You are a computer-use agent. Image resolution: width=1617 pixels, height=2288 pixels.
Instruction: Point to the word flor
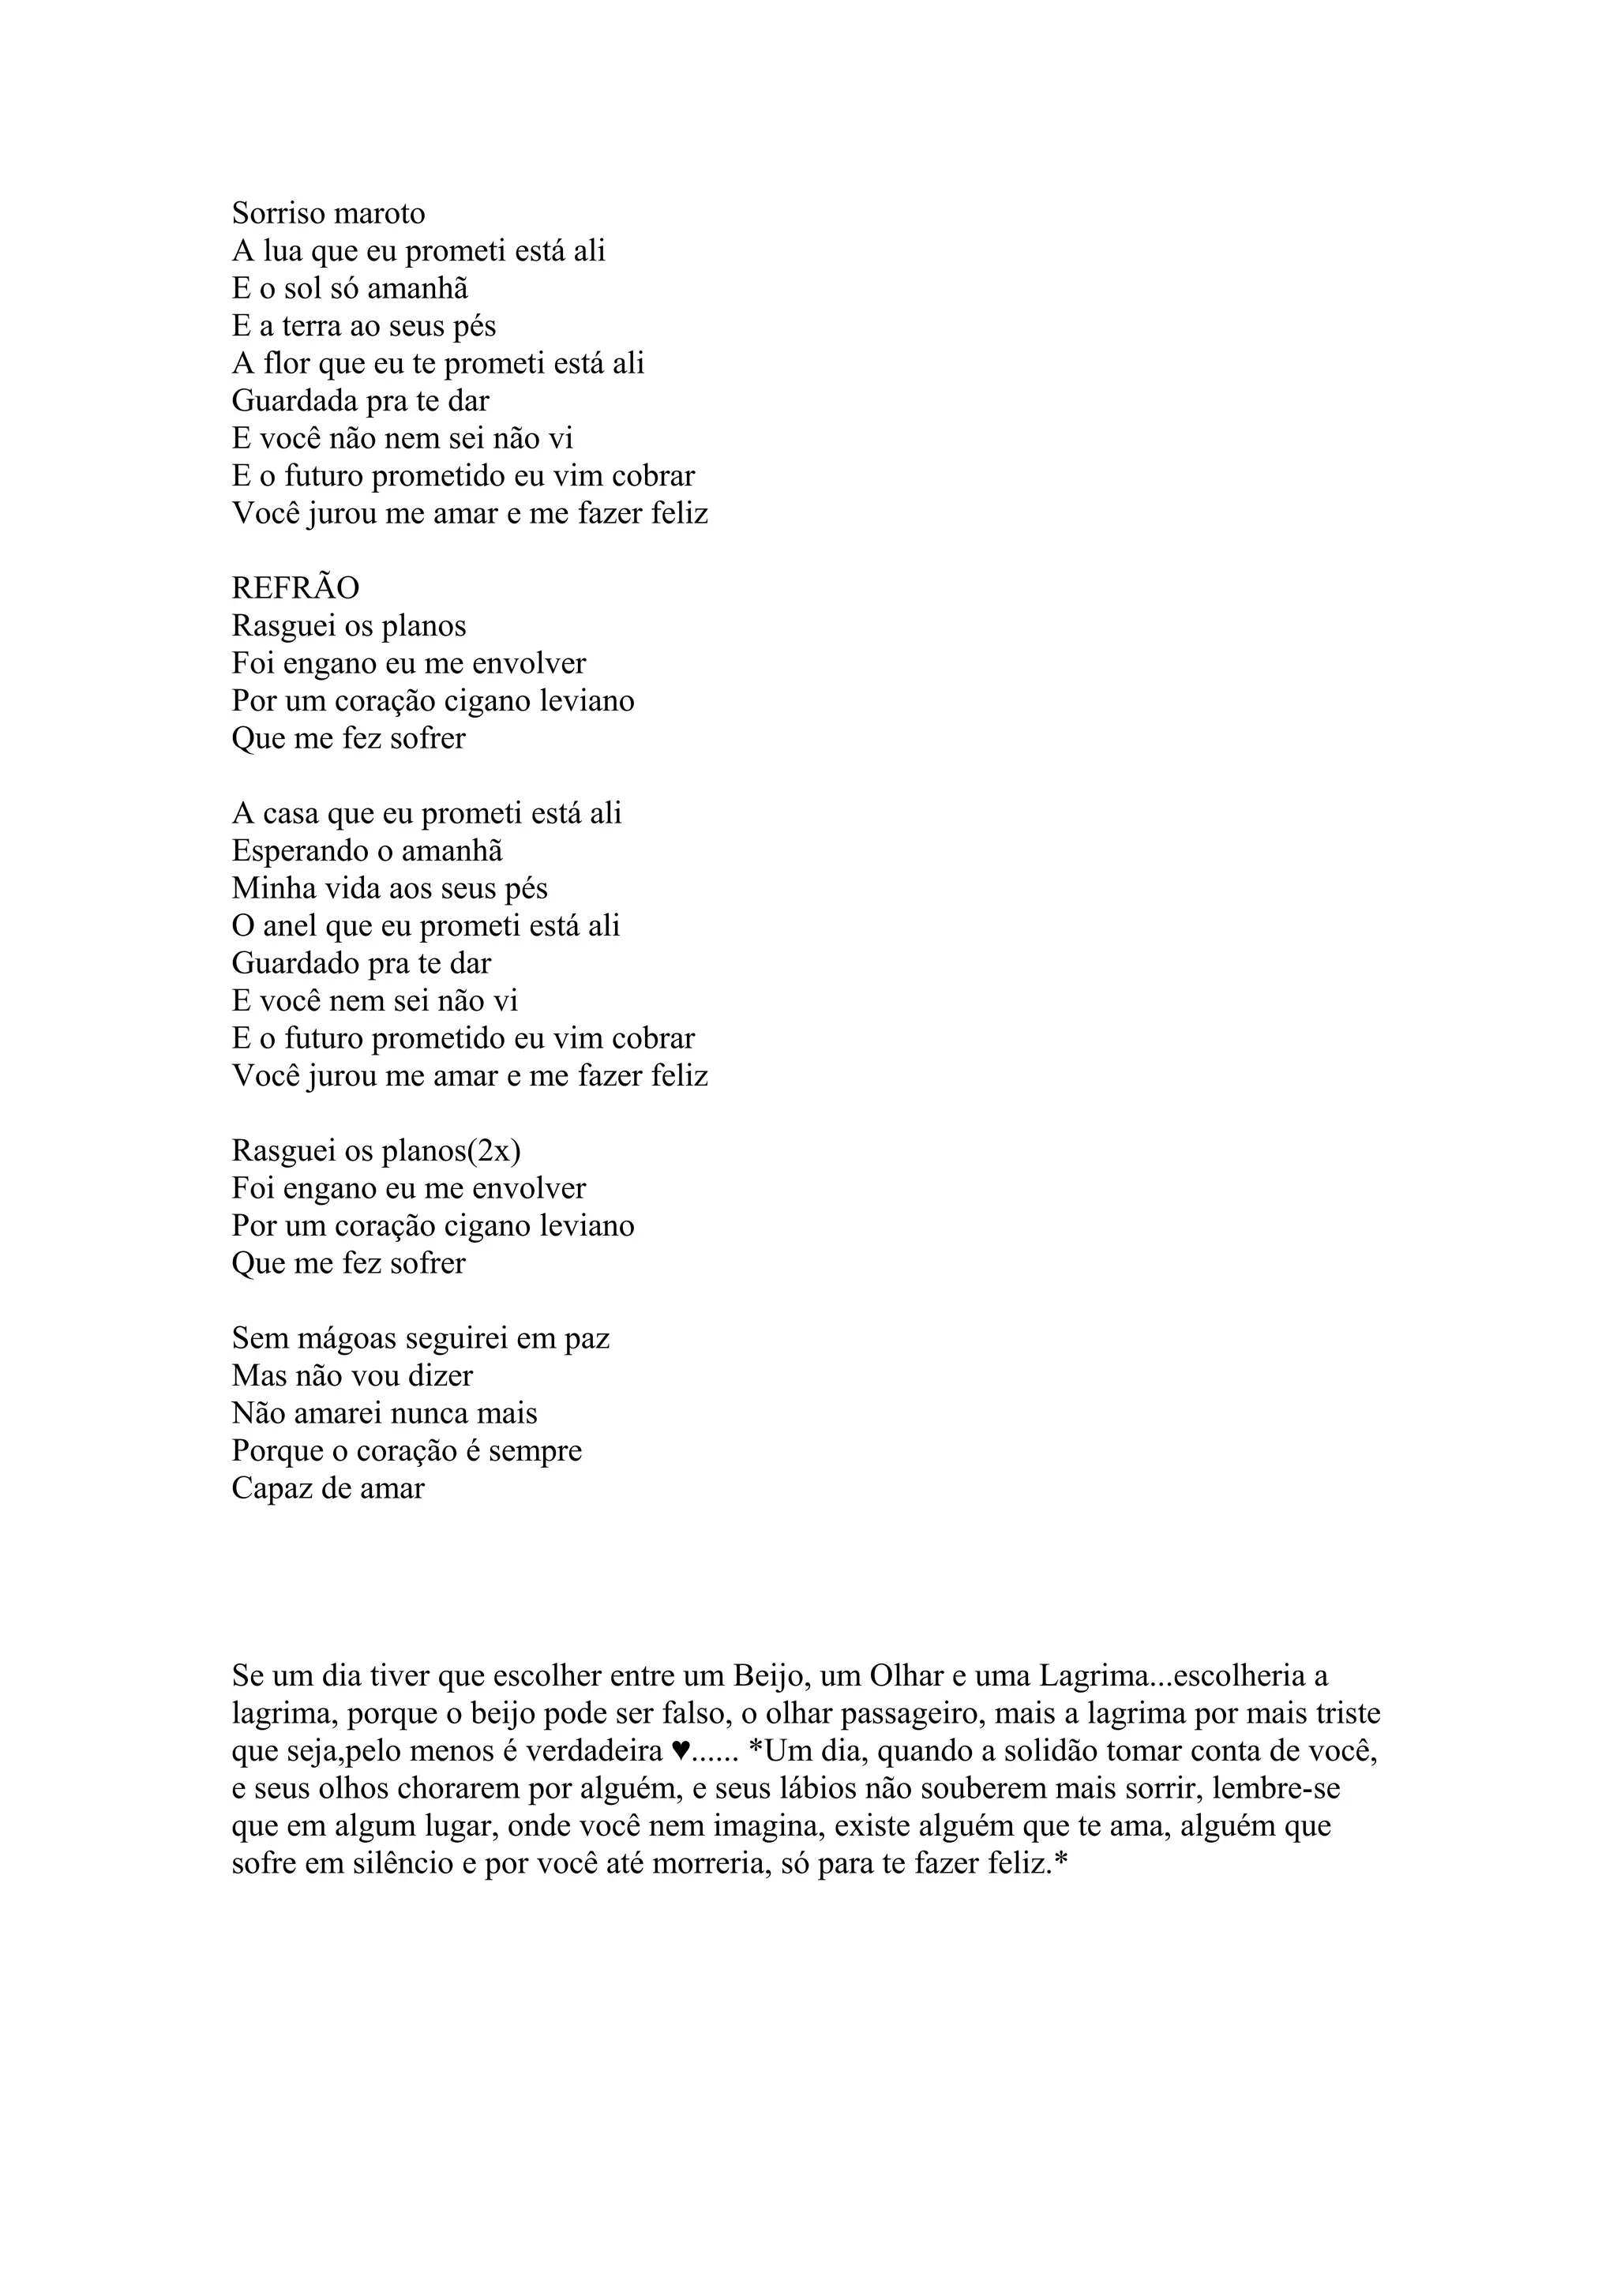click(x=287, y=364)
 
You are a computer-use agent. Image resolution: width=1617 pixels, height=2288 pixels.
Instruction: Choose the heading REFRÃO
click(x=295, y=588)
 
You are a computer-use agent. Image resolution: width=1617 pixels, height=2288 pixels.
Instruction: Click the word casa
click(x=290, y=814)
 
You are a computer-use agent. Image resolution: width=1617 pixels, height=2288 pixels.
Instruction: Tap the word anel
click(x=289, y=927)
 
